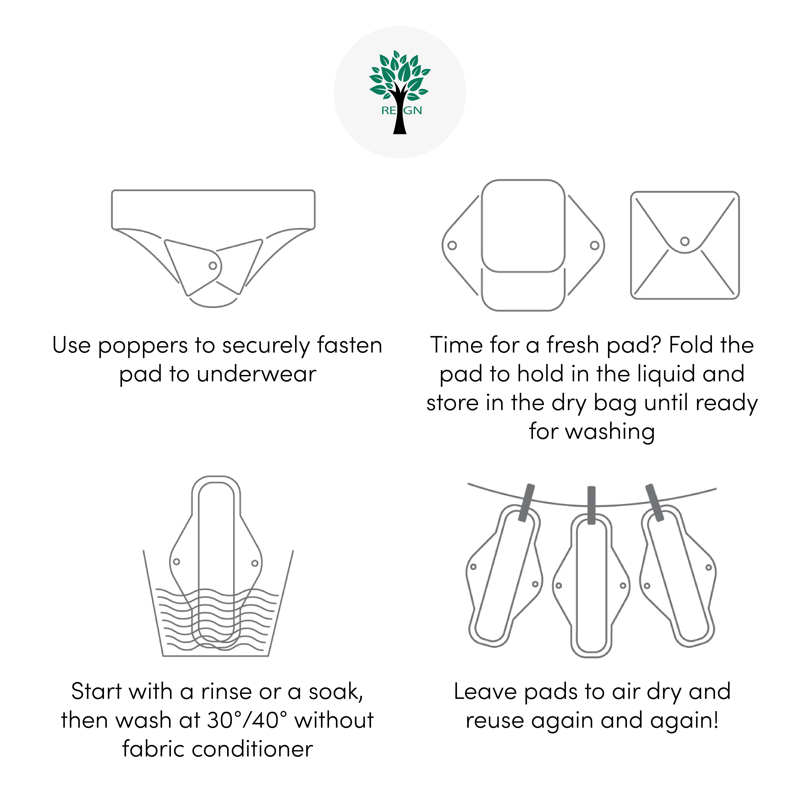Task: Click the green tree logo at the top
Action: click(x=400, y=91)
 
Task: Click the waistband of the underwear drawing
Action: click(x=213, y=209)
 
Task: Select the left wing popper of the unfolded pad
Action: click(x=452, y=246)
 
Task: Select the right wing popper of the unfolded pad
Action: click(x=595, y=246)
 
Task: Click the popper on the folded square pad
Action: click(x=685, y=241)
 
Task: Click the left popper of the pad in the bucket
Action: click(x=176, y=562)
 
